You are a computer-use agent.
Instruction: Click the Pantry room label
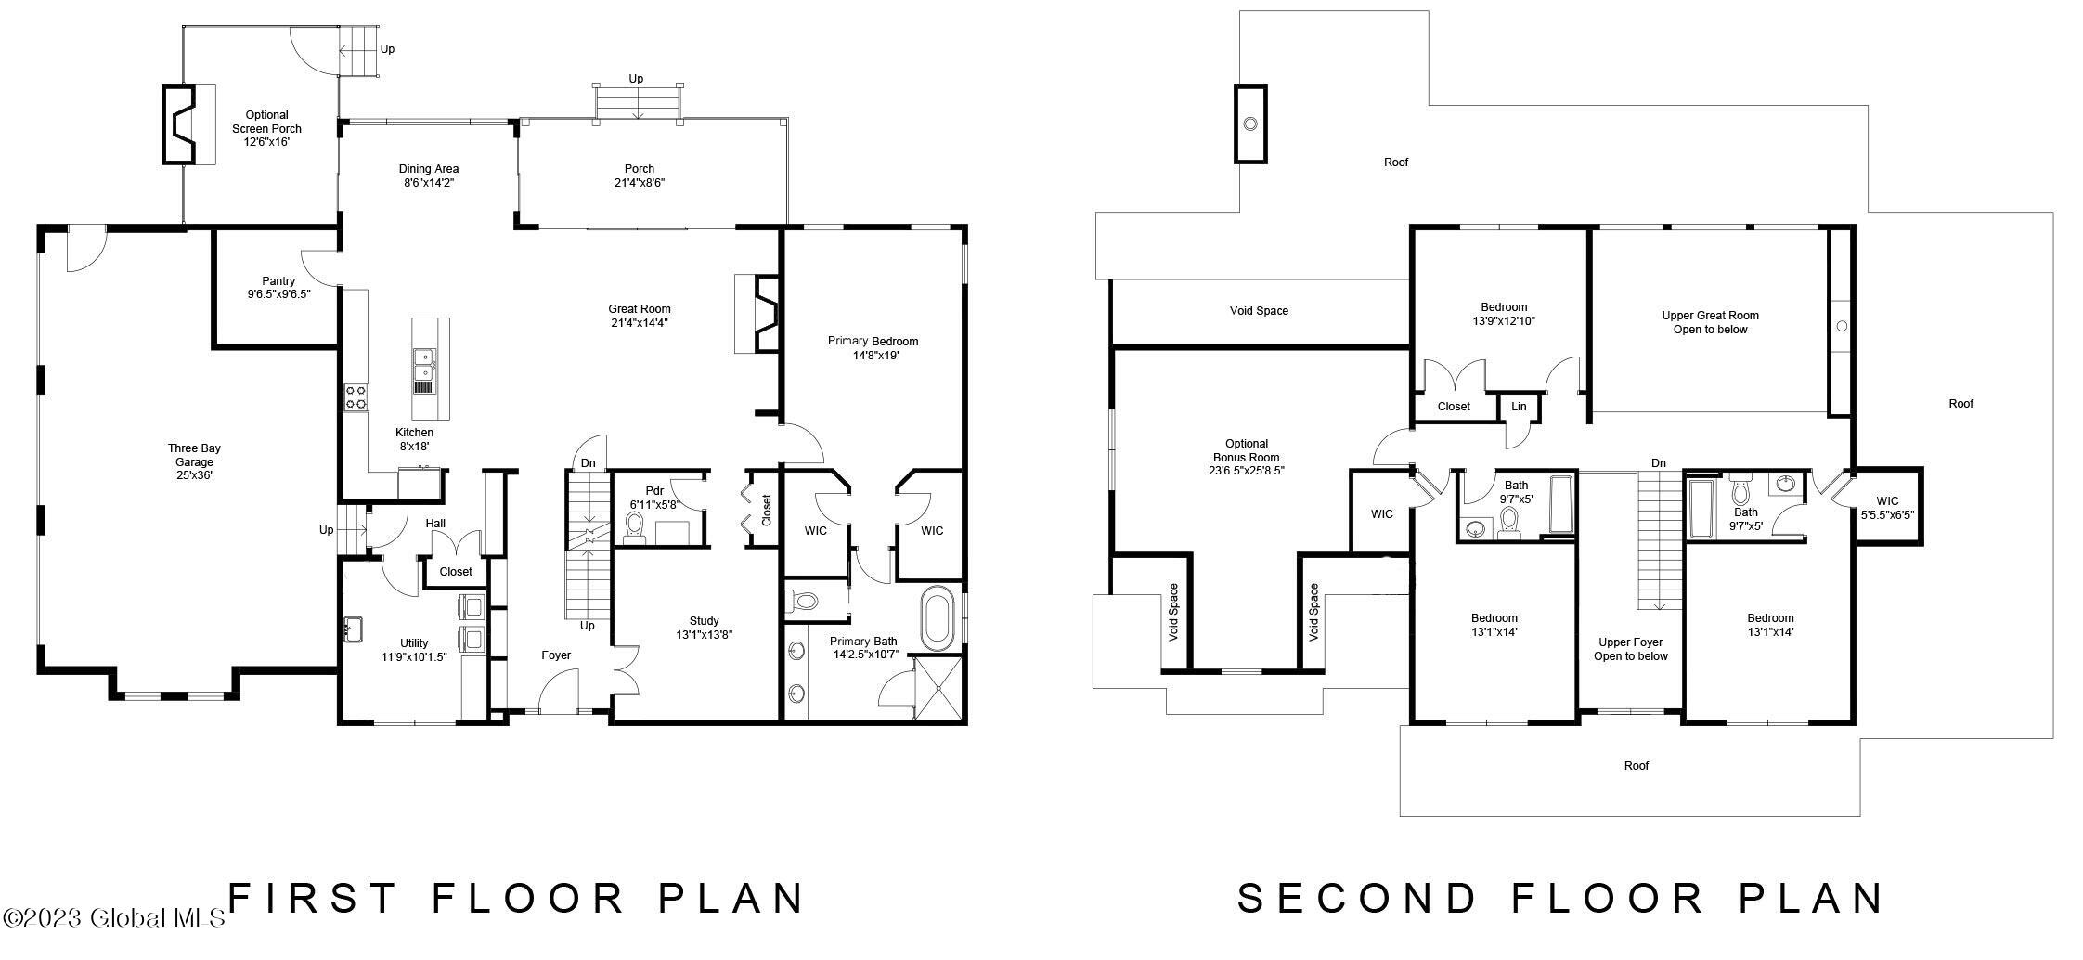[278, 281]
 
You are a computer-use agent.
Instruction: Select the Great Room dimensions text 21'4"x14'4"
[640, 323]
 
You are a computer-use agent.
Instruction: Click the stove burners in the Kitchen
[356, 397]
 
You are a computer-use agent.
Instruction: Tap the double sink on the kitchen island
[424, 370]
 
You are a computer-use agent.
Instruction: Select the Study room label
[705, 621]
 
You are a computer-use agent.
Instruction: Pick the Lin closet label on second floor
[1519, 407]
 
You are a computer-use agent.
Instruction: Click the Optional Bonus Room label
[1247, 450]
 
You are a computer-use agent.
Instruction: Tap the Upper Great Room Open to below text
[1710, 322]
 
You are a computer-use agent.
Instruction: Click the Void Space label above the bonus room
[1259, 311]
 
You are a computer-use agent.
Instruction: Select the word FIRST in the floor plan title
[314, 898]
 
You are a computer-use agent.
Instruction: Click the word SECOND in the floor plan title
[1356, 898]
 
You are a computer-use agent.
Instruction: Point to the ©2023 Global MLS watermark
[113, 918]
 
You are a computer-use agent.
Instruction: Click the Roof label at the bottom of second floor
[1637, 766]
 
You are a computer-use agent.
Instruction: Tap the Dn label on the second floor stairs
[1659, 463]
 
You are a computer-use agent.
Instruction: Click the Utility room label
[414, 643]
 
